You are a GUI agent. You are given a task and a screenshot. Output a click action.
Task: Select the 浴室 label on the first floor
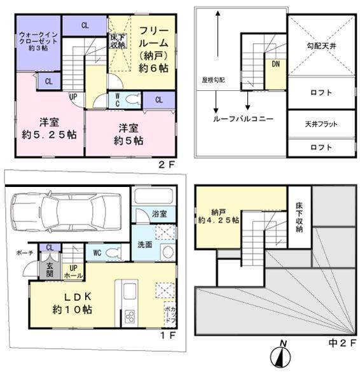click(x=158, y=214)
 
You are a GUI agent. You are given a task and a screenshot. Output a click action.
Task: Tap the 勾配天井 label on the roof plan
click(x=321, y=46)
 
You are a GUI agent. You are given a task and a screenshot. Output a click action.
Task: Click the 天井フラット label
click(x=321, y=124)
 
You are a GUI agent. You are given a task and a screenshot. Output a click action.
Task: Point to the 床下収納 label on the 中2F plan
click(x=300, y=217)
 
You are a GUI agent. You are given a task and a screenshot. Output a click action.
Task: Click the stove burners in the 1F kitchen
click(x=130, y=317)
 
